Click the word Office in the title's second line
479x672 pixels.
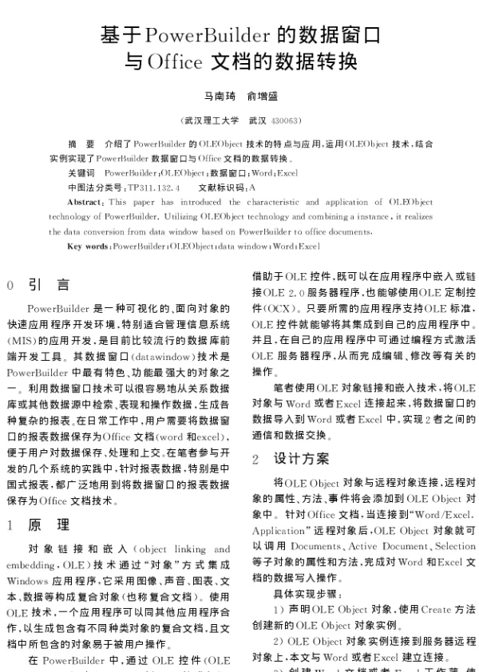(174, 61)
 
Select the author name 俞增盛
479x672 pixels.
(262, 97)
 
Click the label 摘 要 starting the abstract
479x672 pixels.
(81, 144)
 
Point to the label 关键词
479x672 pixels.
(81, 172)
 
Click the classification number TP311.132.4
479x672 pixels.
(153, 186)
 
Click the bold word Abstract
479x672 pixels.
(84, 203)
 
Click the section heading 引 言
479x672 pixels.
(49, 284)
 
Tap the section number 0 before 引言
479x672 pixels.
(11, 285)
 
